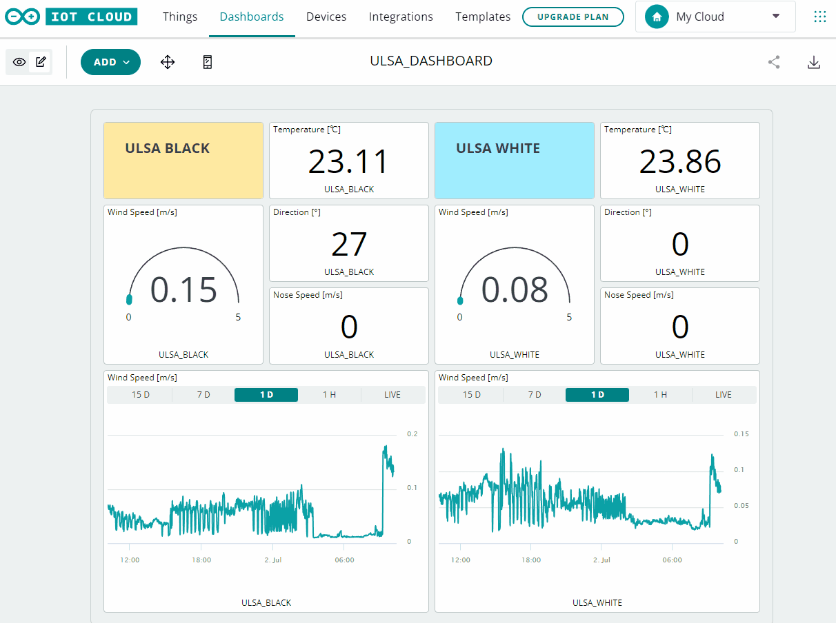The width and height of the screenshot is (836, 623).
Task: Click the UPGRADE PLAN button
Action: [x=573, y=17]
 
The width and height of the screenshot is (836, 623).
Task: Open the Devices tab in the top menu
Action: [x=326, y=17]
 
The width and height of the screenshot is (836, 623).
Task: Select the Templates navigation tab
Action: [x=483, y=17]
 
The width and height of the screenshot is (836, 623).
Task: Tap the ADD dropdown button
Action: [x=110, y=62]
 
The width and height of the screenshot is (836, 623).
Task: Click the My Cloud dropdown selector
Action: [x=715, y=17]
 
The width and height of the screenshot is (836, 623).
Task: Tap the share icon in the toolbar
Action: [x=774, y=62]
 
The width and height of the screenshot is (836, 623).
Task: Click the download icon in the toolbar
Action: [x=814, y=62]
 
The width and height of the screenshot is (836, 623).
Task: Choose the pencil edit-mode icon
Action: [x=41, y=62]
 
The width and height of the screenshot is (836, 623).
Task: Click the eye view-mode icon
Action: [x=19, y=62]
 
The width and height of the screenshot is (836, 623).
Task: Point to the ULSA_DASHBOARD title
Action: [x=431, y=61]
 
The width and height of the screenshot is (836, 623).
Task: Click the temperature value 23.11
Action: [x=348, y=162]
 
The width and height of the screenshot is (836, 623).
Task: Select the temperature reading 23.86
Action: [x=679, y=162]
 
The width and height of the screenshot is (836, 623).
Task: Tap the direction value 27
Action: [x=348, y=245]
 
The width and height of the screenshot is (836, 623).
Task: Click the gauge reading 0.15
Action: [x=183, y=289]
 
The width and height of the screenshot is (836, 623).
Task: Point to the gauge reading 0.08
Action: [x=515, y=289]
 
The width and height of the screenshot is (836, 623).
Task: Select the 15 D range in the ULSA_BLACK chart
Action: [x=141, y=395]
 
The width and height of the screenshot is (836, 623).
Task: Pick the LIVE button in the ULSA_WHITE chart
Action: [x=723, y=395]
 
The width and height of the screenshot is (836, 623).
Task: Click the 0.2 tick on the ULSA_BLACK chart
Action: [x=412, y=434]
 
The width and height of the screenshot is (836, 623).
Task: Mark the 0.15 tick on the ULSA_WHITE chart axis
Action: [x=741, y=434]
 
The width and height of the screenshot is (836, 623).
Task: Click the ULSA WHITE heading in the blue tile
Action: [x=498, y=148]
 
